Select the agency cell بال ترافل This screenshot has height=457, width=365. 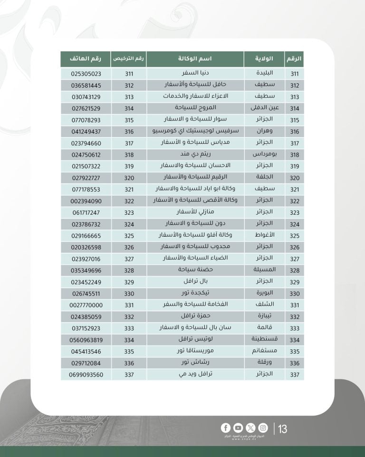pos(195,282)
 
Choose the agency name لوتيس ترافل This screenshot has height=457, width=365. pos(195,340)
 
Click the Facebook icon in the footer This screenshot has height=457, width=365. pos(226,427)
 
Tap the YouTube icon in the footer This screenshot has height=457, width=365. pos(238,427)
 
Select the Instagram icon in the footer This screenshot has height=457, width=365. pos(263,427)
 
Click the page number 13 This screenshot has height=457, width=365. pos(283,429)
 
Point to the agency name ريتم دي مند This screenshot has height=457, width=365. pos(195,155)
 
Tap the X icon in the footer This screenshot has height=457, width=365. pos(250,427)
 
